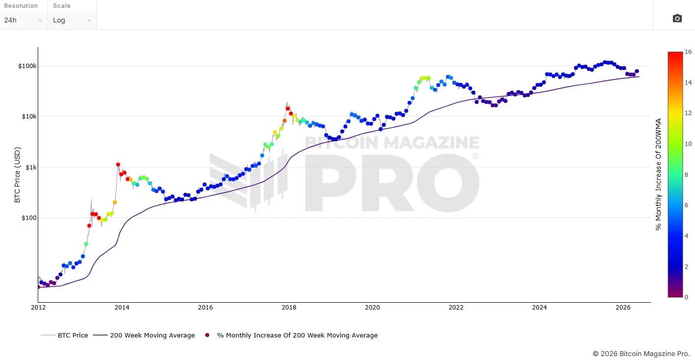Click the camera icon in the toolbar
coord(677,19)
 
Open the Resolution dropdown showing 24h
coord(24,20)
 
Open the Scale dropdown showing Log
coord(72,20)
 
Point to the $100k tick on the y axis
coord(27,66)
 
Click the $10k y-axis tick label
coord(29,117)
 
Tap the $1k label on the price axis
coord(31,168)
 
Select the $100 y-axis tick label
coord(29,217)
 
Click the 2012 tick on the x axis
coord(38,307)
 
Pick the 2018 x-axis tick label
coord(289,307)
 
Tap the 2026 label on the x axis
coord(623,307)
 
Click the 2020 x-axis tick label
coord(372,307)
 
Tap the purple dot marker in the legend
coord(207,335)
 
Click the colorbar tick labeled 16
coord(688,52)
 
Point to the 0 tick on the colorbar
coord(686,297)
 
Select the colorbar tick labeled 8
coord(686,175)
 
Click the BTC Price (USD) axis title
coord(17,175)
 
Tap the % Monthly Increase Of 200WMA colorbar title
coord(658,174)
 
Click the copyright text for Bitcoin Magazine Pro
coord(641,354)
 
